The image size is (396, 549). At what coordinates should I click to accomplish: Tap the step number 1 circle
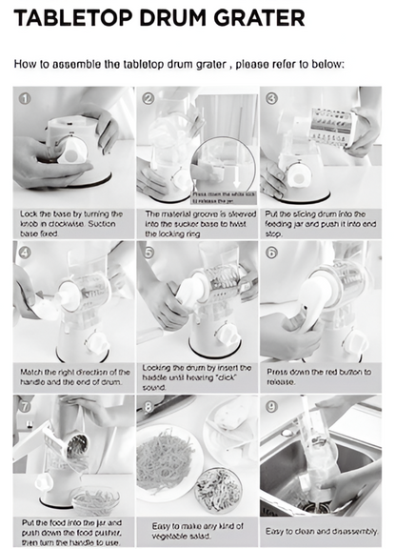(x=25, y=98)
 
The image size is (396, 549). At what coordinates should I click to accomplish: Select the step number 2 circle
(x=148, y=98)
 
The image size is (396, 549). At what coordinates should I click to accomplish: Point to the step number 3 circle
(x=271, y=98)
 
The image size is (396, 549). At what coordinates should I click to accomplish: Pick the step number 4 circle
(x=25, y=253)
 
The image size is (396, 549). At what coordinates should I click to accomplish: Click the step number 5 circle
(x=148, y=253)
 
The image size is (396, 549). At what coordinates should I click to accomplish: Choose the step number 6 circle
(x=271, y=253)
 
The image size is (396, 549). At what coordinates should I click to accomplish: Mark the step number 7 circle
(x=25, y=406)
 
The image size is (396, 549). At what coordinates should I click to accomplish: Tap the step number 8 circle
(x=148, y=406)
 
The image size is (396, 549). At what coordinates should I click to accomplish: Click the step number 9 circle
(x=271, y=406)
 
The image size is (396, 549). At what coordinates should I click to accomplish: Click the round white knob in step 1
(x=71, y=151)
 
